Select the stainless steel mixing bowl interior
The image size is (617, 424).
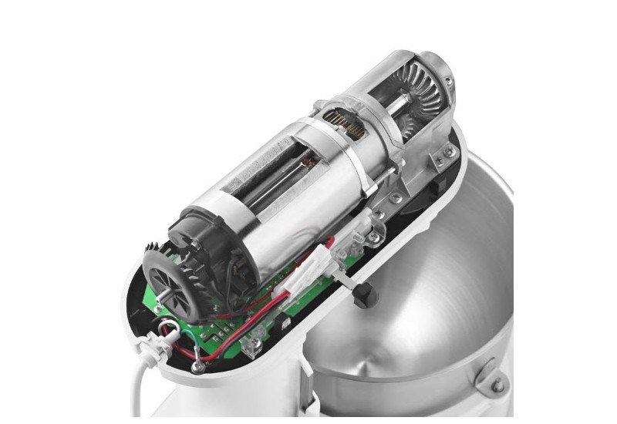click(x=463, y=308)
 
